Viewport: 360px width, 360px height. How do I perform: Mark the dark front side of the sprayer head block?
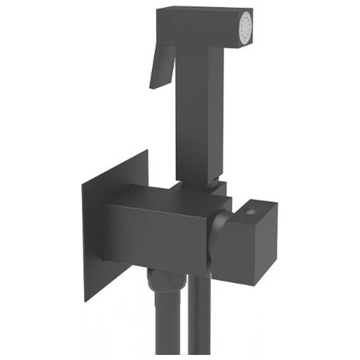coord(202,32)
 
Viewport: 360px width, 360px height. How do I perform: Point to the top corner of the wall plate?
coord(148,151)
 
